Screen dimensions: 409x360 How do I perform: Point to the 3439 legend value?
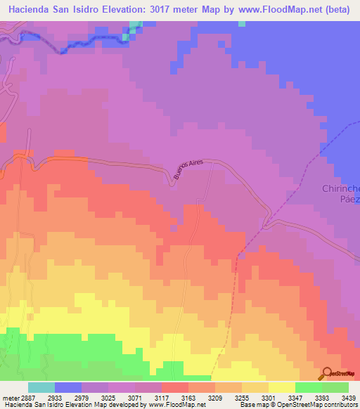click(349, 397)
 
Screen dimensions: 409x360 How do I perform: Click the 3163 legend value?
click(174, 397)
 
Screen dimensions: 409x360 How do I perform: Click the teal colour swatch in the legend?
click(41, 387)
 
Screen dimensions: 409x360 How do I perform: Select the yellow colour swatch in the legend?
click(282, 387)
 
